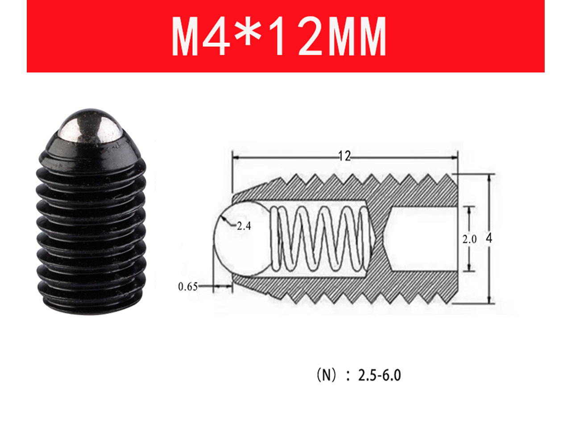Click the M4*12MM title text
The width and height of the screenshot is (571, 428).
coord(279,36)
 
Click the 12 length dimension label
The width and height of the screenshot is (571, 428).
coord(345,156)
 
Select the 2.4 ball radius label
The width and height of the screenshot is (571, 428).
coord(244,226)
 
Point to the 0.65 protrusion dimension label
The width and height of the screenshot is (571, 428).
coord(187,286)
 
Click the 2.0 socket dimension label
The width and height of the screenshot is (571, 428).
coord(469,239)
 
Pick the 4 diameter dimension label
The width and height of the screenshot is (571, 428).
coord(489,238)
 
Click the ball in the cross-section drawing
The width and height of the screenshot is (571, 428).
coord(240,239)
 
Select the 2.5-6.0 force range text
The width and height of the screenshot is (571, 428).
coord(380,375)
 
